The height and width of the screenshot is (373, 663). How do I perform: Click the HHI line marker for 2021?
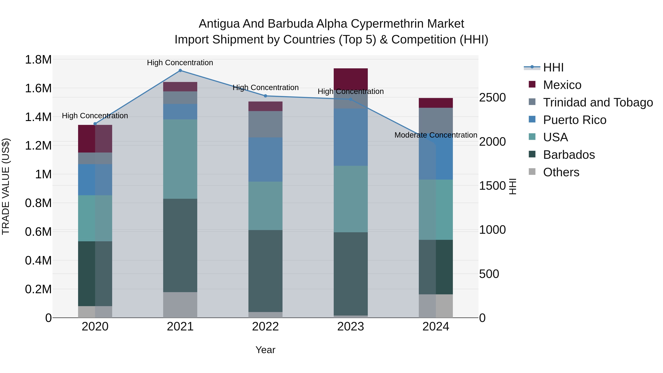(x=180, y=71)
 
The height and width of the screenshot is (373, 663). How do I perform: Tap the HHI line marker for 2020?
(x=95, y=124)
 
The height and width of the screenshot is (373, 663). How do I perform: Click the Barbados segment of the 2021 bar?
(x=180, y=245)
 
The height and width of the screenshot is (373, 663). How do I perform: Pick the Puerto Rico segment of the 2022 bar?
(x=265, y=160)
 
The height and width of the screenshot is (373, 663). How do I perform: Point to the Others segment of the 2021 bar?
(x=180, y=305)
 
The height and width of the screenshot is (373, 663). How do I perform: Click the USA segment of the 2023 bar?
(x=350, y=199)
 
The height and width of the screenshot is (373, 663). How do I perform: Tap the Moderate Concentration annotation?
(x=436, y=135)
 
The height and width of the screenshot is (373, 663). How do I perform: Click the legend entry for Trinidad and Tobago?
(x=598, y=102)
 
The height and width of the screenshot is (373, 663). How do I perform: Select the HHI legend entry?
(x=553, y=67)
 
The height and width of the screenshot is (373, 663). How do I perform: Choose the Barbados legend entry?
(x=569, y=155)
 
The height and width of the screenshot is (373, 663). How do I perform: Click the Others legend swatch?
(x=532, y=172)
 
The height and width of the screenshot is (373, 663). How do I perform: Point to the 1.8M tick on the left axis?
(x=38, y=60)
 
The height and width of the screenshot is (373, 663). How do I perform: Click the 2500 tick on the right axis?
(x=492, y=98)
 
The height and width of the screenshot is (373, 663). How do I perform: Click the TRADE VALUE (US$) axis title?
(x=6, y=186)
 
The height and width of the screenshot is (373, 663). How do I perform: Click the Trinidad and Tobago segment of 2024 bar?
(x=436, y=118)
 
